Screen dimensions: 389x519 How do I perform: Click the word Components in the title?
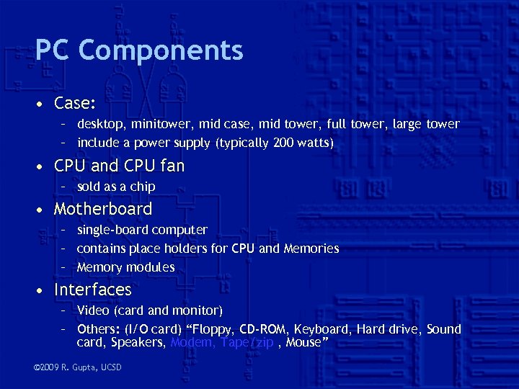pyautogui.click(x=161, y=50)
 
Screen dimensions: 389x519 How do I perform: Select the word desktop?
pyautogui.click(x=99, y=124)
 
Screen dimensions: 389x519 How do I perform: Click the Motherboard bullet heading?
pyautogui.click(x=103, y=209)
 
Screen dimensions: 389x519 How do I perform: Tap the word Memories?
pyautogui.click(x=311, y=249)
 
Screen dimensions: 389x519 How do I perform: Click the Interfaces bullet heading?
pyautogui.click(x=93, y=290)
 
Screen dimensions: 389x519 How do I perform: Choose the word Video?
pyautogui.click(x=93, y=310)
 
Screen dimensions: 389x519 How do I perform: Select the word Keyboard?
pyautogui.click(x=324, y=329)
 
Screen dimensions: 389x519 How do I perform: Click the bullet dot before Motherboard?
pyautogui.click(x=43, y=210)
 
